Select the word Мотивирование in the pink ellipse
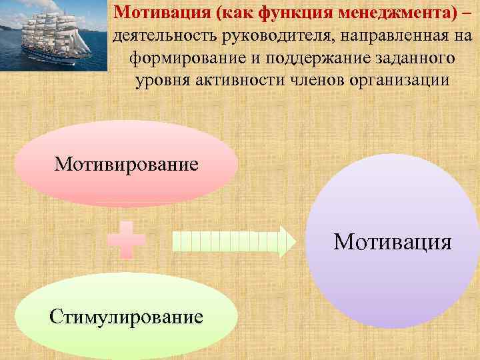(127, 164)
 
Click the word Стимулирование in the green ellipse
(126, 316)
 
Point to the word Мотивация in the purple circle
(392, 241)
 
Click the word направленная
(388, 35)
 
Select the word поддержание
(313, 58)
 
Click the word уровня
(161, 81)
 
